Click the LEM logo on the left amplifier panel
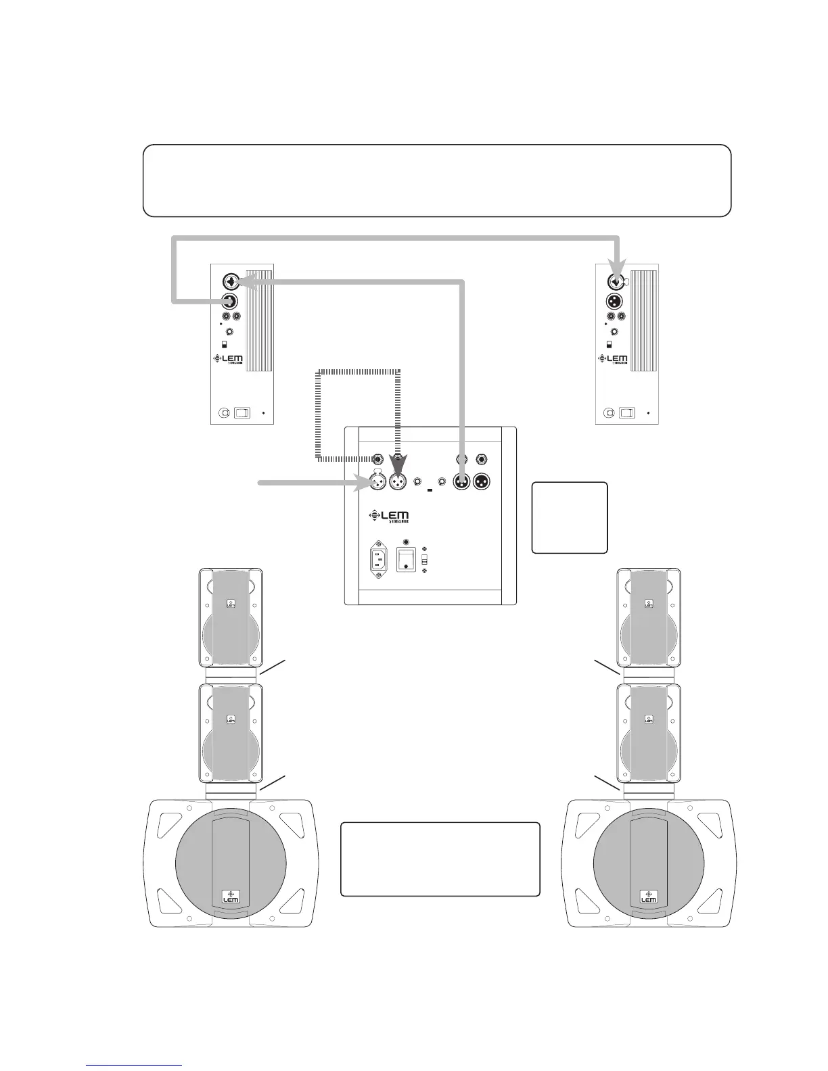(x=227, y=360)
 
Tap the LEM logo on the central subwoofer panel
(x=389, y=517)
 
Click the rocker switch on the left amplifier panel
(x=242, y=412)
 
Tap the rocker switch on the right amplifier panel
(x=627, y=412)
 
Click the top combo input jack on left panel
(x=230, y=281)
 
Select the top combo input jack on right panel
(x=615, y=281)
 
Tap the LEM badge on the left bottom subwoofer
(x=231, y=898)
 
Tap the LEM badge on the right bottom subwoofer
(x=648, y=898)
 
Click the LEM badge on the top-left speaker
(x=230, y=604)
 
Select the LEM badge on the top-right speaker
(x=647, y=604)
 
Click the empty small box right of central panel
(x=570, y=517)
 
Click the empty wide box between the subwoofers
(x=440, y=859)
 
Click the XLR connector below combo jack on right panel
(x=615, y=301)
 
